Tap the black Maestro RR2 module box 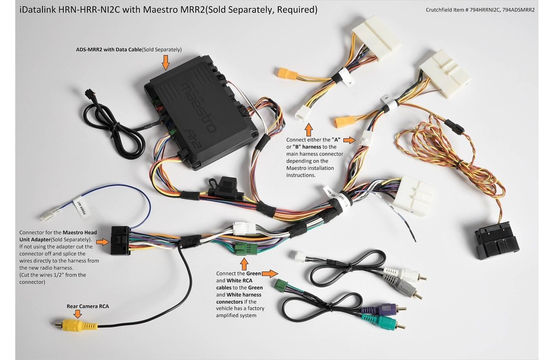(199, 110)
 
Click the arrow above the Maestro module (166, 61)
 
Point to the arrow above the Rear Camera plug (77, 314)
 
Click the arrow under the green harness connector (245, 266)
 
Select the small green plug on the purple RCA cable (282, 285)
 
